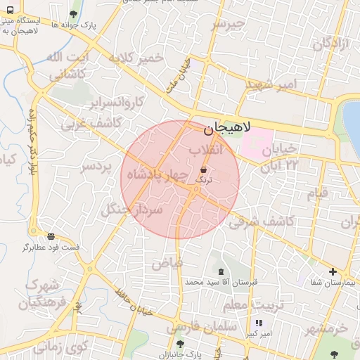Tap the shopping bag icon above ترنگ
(x=203, y=169)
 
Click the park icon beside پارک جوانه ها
(x=74, y=13)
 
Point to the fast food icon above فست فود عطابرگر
(x=50, y=236)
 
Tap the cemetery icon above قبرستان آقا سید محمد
(x=222, y=271)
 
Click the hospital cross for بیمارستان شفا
(x=333, y=271)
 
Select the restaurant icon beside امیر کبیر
(x=258, y=323)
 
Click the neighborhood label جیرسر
(x=229, y=25)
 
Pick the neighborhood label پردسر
(x=96, y=167)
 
